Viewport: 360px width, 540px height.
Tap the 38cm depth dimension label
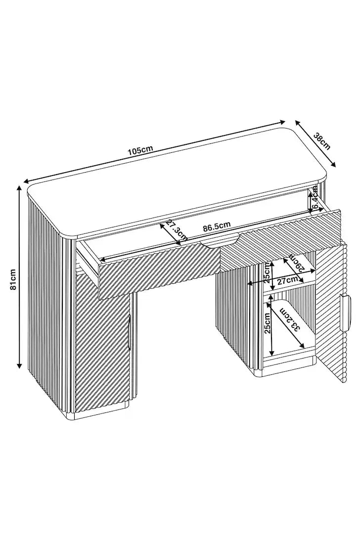click(x=322, y=141)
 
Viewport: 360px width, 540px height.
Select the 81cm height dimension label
click(x=13, y=279)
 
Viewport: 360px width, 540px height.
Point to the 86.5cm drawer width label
click(x=217, y=227)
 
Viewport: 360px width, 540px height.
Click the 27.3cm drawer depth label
click(x=177, y=230)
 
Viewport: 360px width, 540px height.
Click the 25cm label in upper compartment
click(x=268, y=273)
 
